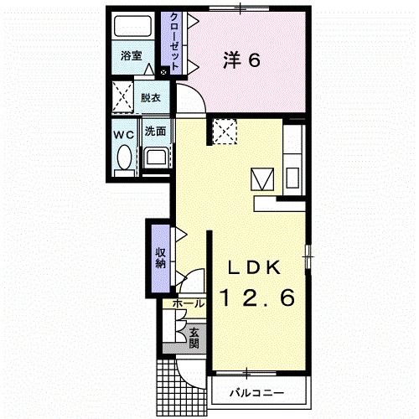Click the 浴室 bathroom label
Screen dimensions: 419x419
pos(132,56)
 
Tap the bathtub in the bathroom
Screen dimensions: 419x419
pos(133,26)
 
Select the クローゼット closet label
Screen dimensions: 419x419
pos(173,42)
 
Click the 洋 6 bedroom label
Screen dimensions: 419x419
pos(241,60)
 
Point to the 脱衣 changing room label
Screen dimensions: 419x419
pos(151,98)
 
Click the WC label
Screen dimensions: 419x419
pos(124,135)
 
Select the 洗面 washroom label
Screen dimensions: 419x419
pos(155,132)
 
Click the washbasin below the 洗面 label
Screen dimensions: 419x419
pos(156,158)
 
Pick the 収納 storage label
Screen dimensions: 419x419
pos(160,258)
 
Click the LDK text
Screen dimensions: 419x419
pos(254,267)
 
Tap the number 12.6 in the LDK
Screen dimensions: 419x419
pos(257,297)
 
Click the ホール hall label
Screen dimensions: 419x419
pos(189,303)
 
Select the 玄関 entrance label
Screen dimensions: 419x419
pos(194,338)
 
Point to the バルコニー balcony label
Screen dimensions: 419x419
pos(256,393)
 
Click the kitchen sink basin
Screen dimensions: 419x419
pos(292,178)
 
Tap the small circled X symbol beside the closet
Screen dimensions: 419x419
pos(164,72)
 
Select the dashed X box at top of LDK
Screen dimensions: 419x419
pos(225,131)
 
